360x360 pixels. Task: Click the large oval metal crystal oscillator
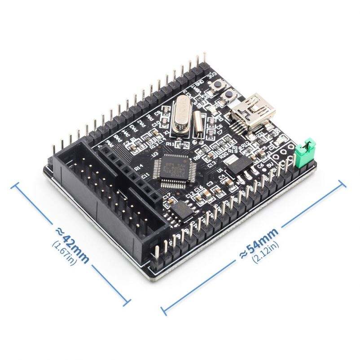[178, 116]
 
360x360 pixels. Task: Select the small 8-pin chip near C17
[180, 209]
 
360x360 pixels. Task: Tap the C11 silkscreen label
[145, 176]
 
